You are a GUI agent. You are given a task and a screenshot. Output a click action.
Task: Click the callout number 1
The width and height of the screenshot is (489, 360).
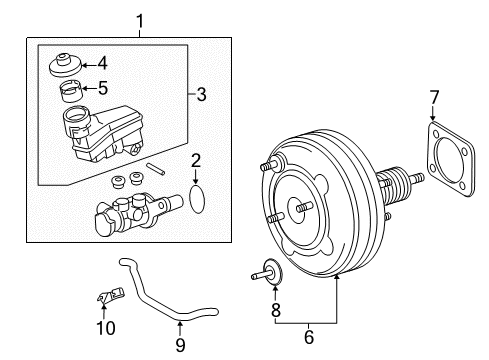(x=140, y=19)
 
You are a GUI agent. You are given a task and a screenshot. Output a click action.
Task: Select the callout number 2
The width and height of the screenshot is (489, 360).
(x=197, y=159)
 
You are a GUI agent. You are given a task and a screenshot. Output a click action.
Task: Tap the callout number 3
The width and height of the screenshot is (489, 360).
(x=202, y=95)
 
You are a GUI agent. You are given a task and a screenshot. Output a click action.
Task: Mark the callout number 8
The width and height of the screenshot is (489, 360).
(x=275, y=310)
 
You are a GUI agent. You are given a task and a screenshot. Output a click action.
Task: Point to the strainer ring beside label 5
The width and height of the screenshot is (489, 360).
(x=74, y=95)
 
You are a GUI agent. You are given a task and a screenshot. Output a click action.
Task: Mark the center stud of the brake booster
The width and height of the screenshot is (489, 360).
(x=297, y=209)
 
